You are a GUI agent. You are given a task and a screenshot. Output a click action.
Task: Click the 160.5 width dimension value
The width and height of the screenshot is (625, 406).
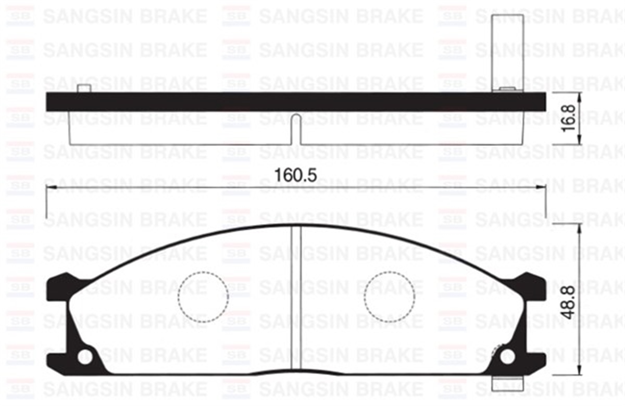tap(296, 175)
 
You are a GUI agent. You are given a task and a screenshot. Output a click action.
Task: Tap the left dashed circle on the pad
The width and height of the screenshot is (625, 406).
tap(203, 296)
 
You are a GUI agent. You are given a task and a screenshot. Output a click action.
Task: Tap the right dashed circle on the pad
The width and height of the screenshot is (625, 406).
tap(390, 296)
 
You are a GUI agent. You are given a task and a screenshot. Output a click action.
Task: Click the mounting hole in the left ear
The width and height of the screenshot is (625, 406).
tap(84, 357)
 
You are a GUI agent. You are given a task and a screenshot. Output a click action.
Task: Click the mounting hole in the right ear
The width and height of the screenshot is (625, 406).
tap(507, 357)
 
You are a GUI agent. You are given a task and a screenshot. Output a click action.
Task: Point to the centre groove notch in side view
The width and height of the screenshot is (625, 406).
tap(296, 128)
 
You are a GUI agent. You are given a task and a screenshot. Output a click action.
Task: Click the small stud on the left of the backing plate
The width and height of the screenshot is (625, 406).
tap(84, 88)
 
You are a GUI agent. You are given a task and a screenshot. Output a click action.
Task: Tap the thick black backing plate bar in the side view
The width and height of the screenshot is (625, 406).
tap(296, 102)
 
